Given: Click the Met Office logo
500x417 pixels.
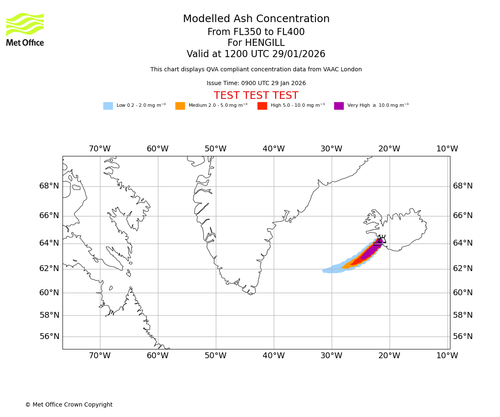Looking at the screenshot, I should pos(25,29).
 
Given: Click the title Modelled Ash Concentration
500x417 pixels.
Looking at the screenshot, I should pos(256,19).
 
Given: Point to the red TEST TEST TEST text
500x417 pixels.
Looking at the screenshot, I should pos(256,95).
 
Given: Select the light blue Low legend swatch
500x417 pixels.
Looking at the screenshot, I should pos(108,106).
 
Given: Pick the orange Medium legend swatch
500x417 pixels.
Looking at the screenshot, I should pos(180,106).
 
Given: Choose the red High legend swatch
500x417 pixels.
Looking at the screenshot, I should pos(262,106).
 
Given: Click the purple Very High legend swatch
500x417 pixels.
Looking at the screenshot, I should pos(339,106).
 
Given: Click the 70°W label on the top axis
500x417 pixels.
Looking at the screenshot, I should pos(100,149).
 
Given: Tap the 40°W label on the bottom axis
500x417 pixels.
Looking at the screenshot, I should pos(273,356).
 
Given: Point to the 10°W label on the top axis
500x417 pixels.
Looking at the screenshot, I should pos(447,149).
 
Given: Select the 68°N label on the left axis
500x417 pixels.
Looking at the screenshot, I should pos(49,186).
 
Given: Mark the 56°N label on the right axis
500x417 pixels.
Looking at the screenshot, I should pos(463,337).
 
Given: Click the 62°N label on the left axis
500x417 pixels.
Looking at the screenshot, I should pos(49,269).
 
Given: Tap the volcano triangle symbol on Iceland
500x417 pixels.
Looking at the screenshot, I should pos(381,239).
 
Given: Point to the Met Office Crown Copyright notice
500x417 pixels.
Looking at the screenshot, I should pos(69,405).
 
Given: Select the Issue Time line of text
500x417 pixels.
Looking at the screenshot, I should pos(256,83).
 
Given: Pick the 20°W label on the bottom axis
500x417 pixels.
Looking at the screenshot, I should pos(389,356).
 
